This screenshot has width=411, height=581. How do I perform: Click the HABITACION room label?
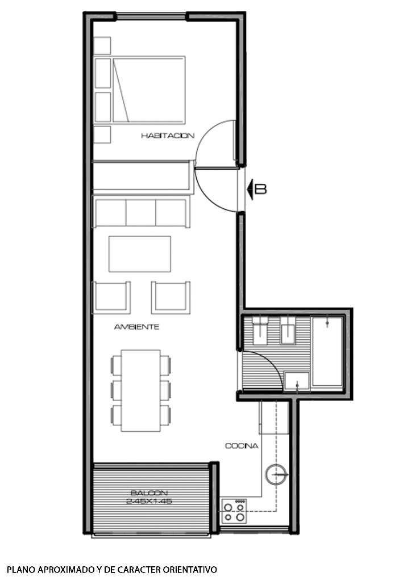pos(168,136)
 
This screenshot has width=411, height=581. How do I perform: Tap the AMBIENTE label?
pos(136,327)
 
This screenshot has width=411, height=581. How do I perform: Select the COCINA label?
pos(242,446)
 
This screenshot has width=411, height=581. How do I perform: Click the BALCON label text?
pos(149,493)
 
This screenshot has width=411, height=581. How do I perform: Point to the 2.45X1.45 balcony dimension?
pos(149,502)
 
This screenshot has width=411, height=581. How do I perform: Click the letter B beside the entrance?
pos(261,189)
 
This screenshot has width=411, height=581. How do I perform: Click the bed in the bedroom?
pos(140,90)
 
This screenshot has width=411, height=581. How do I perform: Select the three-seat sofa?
pos(141,211)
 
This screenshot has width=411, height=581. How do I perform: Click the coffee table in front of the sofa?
pos(140,254)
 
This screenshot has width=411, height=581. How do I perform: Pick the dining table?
pos(141,390)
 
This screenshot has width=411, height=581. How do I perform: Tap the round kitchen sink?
pos(276,474)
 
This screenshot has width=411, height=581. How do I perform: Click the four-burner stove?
pos(234,511)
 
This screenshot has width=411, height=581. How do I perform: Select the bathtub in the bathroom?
pos(327,352)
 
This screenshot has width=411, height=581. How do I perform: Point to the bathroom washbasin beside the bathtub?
pos(297,382)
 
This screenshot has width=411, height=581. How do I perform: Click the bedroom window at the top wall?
pos(151,16)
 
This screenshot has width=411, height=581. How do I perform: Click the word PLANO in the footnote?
pos(19,569)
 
